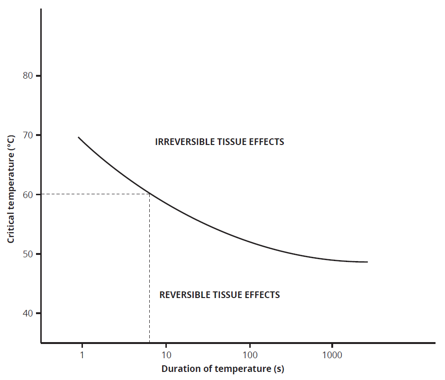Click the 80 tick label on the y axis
point(28,76)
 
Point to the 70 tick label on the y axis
point(28,135)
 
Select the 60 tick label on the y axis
point(28,194)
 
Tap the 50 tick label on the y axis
point(28,254)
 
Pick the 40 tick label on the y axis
point(28,313)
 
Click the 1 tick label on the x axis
point(82,354)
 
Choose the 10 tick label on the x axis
point(166,354)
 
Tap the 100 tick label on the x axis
point(250,354)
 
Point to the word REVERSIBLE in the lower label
point(182,295)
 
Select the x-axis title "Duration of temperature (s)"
point(223,369)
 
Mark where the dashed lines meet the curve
point(150,194)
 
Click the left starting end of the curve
point(79,137)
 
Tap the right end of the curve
point(367,262)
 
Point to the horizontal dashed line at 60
point(95,194)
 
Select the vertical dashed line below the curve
point(150,265)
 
